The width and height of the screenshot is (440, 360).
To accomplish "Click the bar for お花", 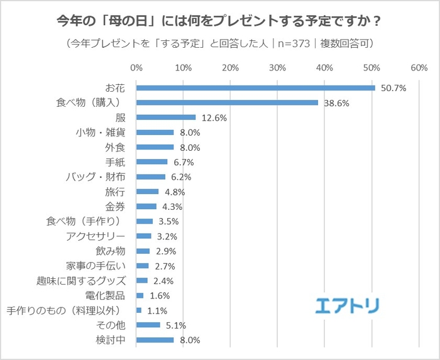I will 255,88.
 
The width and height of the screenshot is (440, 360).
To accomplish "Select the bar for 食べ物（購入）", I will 227,102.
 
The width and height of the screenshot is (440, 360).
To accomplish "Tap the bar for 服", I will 166,117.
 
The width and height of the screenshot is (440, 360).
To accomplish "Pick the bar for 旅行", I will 148,192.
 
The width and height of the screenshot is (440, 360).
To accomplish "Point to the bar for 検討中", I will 155,340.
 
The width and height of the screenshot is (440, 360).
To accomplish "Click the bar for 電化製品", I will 140,295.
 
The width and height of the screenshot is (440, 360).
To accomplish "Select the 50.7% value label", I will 393,89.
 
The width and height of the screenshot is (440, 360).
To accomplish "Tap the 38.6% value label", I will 336,103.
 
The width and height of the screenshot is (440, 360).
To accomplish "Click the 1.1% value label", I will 156,310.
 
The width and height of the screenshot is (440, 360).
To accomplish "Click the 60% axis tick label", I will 419,67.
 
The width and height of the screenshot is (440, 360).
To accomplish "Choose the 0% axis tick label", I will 136,67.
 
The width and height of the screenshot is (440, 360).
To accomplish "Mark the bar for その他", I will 148,325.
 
